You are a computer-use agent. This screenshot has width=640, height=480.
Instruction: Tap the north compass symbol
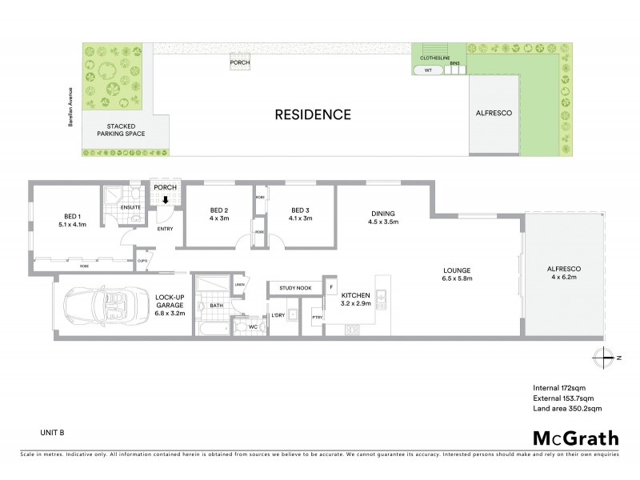606,357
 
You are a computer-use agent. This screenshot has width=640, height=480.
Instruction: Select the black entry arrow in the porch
165,200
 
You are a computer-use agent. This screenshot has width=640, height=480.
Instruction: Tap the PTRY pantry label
318,318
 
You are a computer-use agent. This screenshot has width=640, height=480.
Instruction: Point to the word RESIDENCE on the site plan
313,114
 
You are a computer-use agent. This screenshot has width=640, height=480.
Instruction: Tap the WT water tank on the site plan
428,70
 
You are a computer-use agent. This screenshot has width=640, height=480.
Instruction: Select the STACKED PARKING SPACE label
118,131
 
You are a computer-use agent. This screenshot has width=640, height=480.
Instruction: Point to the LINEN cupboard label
239,284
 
